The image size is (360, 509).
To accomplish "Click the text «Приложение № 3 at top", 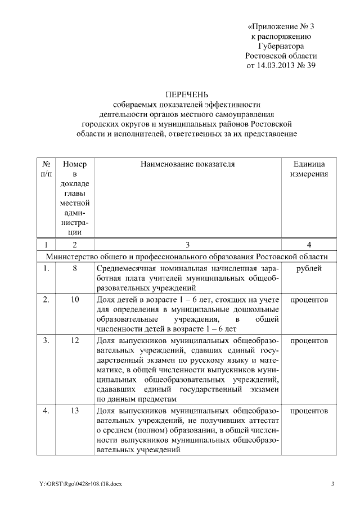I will tap(281, 26).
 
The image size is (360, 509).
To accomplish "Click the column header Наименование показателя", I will tap(187, 164).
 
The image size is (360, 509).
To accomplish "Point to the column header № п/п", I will tap(47, 169).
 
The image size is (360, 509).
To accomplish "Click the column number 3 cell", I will tap(187, 245).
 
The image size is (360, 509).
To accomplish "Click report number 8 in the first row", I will tap(74, 269).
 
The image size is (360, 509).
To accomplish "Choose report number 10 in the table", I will tap(74, 300).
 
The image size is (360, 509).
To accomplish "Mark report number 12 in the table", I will tap(74, 341).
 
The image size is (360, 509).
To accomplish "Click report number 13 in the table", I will tap(74, 411).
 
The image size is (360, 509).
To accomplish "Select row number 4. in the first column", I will tap(47, 411).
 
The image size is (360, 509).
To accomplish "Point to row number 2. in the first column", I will tap(47, 300).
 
